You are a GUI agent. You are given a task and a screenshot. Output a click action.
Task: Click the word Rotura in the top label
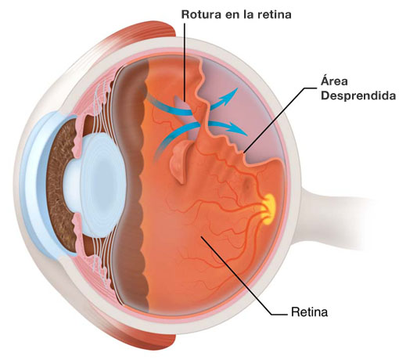(201, 14)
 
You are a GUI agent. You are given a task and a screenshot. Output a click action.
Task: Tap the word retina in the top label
(274, 14)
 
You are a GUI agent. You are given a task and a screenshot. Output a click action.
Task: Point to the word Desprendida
(358, 95)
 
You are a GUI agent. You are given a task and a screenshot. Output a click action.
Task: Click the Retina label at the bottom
(309, 312)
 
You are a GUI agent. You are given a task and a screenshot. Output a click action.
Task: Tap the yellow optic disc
(269, 209)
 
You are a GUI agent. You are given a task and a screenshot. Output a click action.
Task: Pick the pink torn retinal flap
(181, 161)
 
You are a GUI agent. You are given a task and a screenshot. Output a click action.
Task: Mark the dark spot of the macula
(246, 183)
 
